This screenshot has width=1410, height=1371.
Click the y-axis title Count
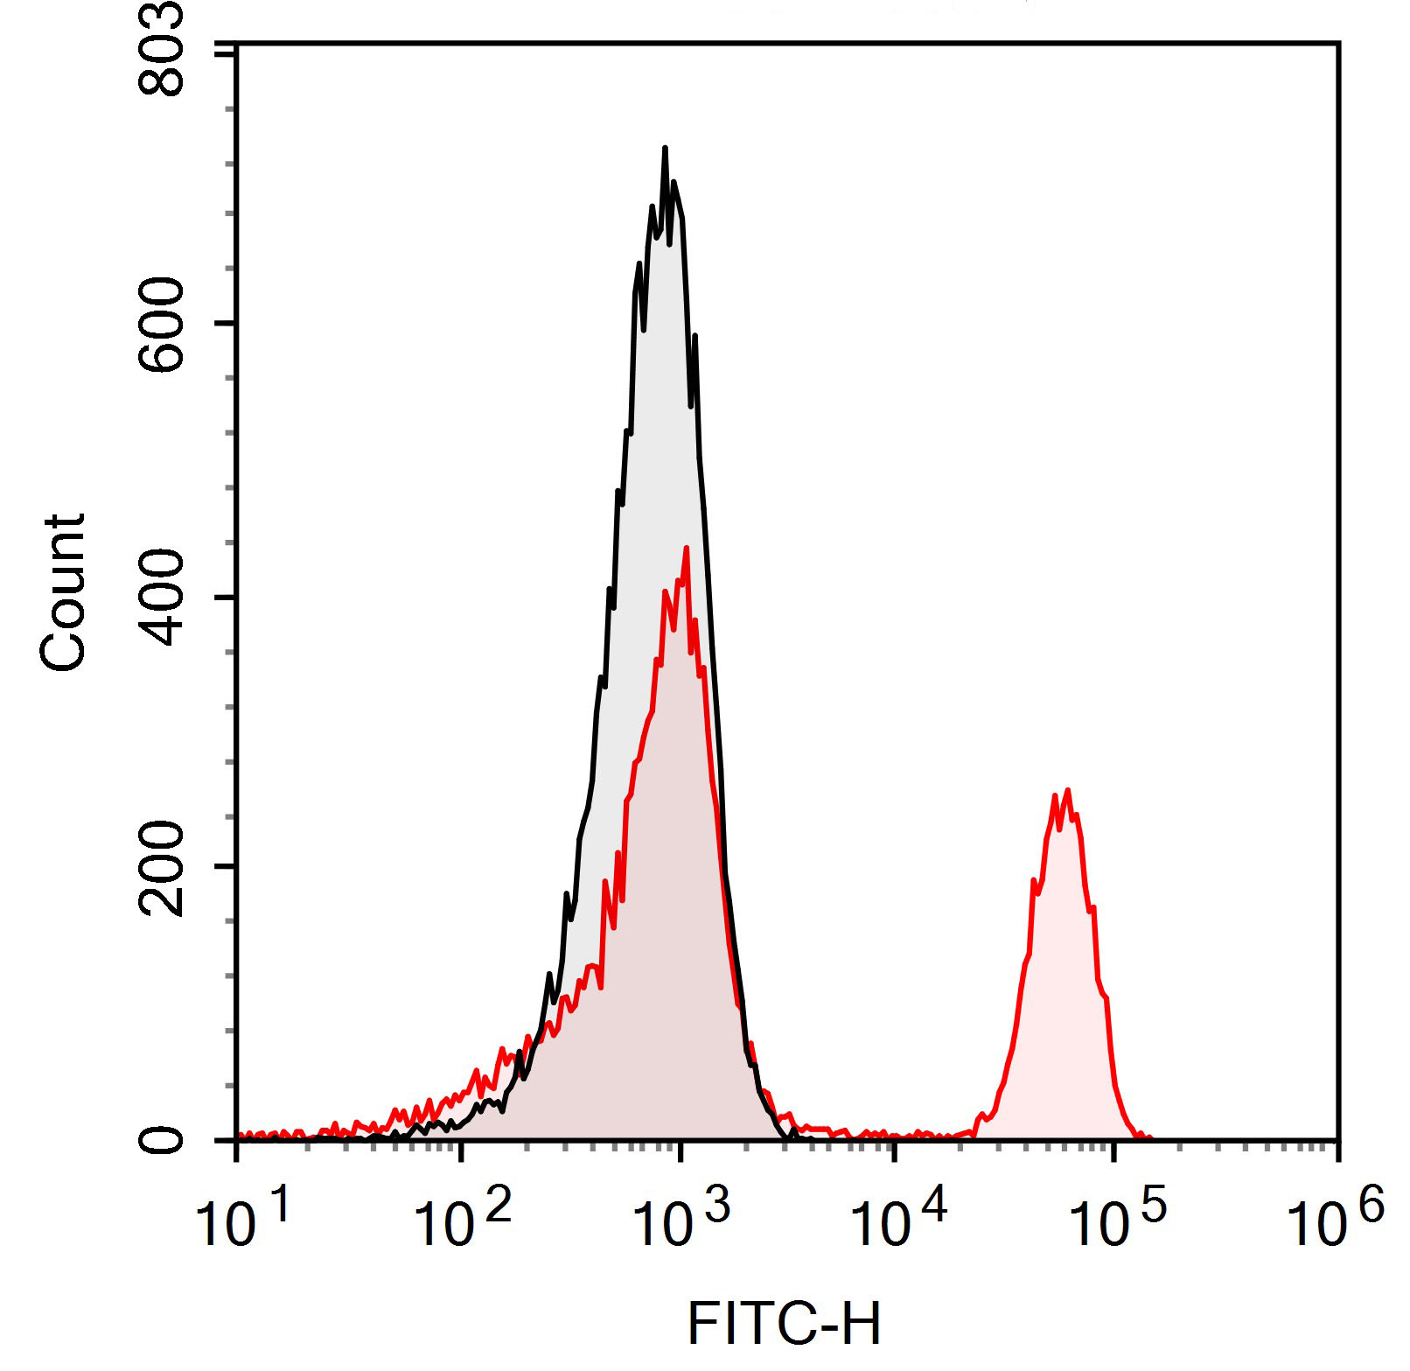point(63,592)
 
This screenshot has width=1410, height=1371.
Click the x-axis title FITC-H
point(784,1323)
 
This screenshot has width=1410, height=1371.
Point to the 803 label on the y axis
point(163,48)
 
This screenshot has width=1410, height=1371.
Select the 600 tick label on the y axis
point(163,325)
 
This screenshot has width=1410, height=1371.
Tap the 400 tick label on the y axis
point(163,598)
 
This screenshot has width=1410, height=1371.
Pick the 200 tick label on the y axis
point(163,869)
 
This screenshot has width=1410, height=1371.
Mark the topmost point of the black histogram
point(665,148)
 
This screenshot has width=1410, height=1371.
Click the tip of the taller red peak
point(686,548)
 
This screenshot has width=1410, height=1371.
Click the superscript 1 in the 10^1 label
point(280,1206)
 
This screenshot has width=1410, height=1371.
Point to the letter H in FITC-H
point(860,1323)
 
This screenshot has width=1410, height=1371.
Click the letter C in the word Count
point(63,651)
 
